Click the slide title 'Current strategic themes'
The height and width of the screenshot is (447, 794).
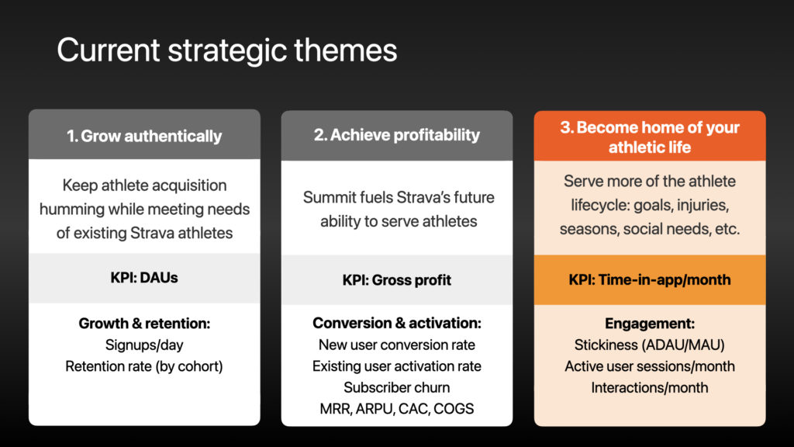coord(227,50)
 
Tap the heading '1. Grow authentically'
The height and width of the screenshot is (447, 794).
coord(144,136)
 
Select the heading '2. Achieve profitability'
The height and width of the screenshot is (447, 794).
coord(396,135)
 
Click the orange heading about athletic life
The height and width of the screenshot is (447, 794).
coord(650,137)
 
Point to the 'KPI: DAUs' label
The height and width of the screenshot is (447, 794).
coord(144,278)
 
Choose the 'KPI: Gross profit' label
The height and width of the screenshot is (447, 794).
coord(396,279)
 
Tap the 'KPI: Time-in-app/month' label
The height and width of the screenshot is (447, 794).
coord(650,279)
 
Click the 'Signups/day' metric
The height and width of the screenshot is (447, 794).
coord(144,345)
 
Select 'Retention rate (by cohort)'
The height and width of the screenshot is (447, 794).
coord(144,366)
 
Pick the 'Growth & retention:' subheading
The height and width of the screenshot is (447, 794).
coord(144,324)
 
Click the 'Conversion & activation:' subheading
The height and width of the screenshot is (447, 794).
coord(396,323)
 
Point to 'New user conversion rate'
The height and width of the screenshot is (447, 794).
coord(396,345)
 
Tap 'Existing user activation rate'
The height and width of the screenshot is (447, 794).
coord(396,366)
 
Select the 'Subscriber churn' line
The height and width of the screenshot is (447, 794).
coord(396,387)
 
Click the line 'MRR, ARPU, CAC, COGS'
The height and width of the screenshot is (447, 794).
coord(396,408)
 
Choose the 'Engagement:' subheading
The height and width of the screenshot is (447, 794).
coord(650,324)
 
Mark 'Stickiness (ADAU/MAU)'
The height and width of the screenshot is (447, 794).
coord(650,345)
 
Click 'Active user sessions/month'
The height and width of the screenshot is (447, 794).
coord(650,366)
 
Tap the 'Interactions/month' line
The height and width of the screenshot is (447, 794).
coord(650,387)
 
